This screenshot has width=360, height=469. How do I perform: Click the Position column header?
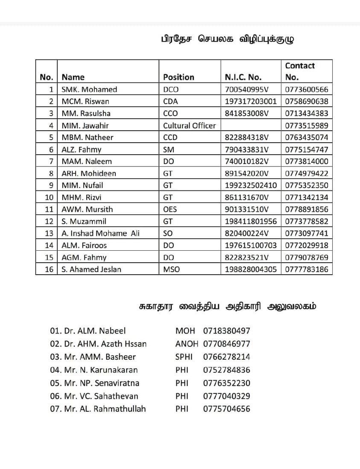click(x=179, y=77)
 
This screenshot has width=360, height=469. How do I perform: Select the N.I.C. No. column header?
click(x=243, y=77)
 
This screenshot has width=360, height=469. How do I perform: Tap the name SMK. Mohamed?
click(x=89, y=90)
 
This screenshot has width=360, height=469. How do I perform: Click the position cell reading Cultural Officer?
click(x=189, y=126)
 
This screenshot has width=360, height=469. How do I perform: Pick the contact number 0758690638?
click(x=307, y=102)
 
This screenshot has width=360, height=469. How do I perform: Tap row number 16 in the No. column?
click(x=49, y=269)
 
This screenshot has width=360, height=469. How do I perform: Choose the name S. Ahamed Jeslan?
click(x=91, y=269)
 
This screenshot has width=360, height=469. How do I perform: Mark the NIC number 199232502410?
click(x=251, y=185)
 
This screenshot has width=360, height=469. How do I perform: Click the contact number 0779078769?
click(x=307, y=257)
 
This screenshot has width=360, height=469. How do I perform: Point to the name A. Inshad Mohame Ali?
click(x=100, y=233)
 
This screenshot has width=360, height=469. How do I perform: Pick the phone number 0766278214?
click(x=227, y=357)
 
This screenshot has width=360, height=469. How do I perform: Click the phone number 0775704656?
click(x=227, y=409)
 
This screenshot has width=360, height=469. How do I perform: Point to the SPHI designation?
click(x=184, y=357)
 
